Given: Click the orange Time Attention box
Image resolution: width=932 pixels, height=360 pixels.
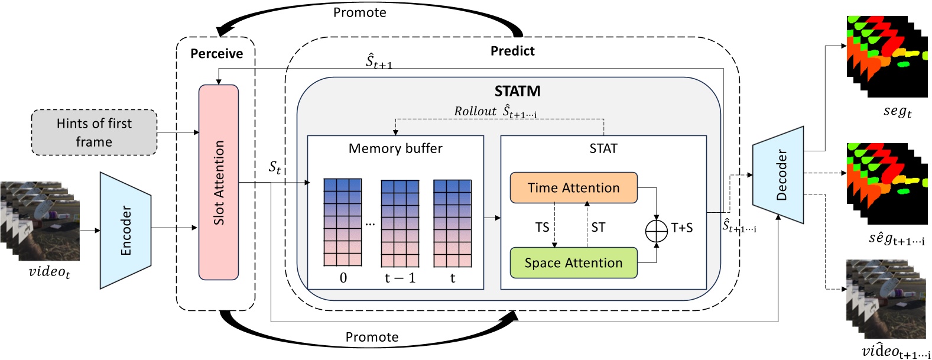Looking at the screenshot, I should click(x=573, y=188).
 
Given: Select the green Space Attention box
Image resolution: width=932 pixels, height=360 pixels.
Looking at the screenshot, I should click(x=573, y=263).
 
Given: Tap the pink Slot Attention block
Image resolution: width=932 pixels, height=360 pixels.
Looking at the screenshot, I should click(x=219, y=182).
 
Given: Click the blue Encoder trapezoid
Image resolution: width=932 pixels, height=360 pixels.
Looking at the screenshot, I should click(x=125, y=231).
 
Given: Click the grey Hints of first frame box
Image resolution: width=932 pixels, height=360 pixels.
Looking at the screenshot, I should click(x=94, y=132).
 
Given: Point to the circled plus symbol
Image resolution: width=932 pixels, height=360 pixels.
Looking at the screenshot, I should click(x=656, y=231).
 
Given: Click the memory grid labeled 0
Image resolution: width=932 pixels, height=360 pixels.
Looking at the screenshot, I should click(x=343, y=222).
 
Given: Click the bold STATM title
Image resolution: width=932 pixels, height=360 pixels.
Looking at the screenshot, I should click(x=517, y=91).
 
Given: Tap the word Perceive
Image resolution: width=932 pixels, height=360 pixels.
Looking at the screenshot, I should click(x=216, y=54).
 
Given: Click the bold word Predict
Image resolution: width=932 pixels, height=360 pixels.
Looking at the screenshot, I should click(x=512, y=51).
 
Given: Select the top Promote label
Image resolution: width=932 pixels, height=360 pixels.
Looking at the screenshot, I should click(x=359, y=12).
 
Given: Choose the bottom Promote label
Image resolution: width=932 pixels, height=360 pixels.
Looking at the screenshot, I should click(x=372, y=337).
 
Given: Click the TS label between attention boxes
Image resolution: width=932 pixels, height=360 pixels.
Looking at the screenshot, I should click(x=542, y=228).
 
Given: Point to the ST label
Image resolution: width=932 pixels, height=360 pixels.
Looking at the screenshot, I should click(x=598, y=228).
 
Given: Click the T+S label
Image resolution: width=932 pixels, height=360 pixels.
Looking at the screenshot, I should click(x=681, y=228).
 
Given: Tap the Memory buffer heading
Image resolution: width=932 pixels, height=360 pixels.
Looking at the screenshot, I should click(x=395, y=148).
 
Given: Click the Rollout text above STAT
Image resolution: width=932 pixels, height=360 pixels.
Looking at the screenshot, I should click(x=475, y=111).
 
